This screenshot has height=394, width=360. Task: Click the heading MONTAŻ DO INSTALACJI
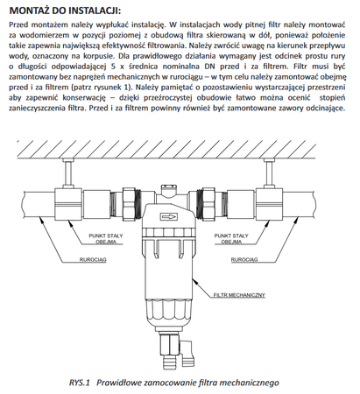click(65, 11)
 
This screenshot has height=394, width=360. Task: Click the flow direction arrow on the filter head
click(168, 217)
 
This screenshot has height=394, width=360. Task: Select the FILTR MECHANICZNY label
click(239, 295)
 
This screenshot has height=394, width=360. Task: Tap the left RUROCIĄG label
click(93, 259)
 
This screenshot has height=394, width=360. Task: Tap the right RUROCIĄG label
click(244, 259)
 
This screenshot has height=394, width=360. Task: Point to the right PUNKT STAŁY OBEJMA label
click(231, 238)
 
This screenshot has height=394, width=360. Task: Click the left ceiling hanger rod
click(68, 173)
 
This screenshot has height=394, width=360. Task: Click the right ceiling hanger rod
click(269, 173)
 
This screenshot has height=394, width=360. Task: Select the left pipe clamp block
click(68, 204)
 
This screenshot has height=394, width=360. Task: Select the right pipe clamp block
click(269, 204)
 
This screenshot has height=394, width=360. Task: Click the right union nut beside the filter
click(208, 203)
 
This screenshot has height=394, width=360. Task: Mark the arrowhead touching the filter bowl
click(195, 281)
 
